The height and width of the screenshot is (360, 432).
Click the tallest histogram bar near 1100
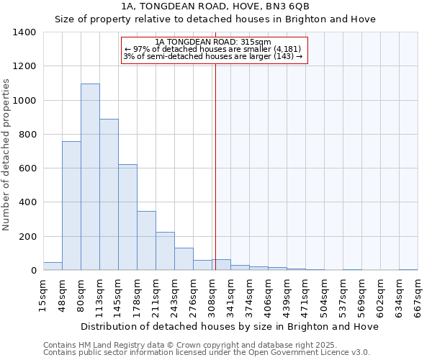tap(90, 176)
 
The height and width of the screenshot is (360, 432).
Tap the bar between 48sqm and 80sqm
tap(71, 205)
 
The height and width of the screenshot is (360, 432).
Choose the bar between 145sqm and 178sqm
tap(127, 217)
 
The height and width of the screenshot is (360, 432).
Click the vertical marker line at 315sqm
tap(215, 166)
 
